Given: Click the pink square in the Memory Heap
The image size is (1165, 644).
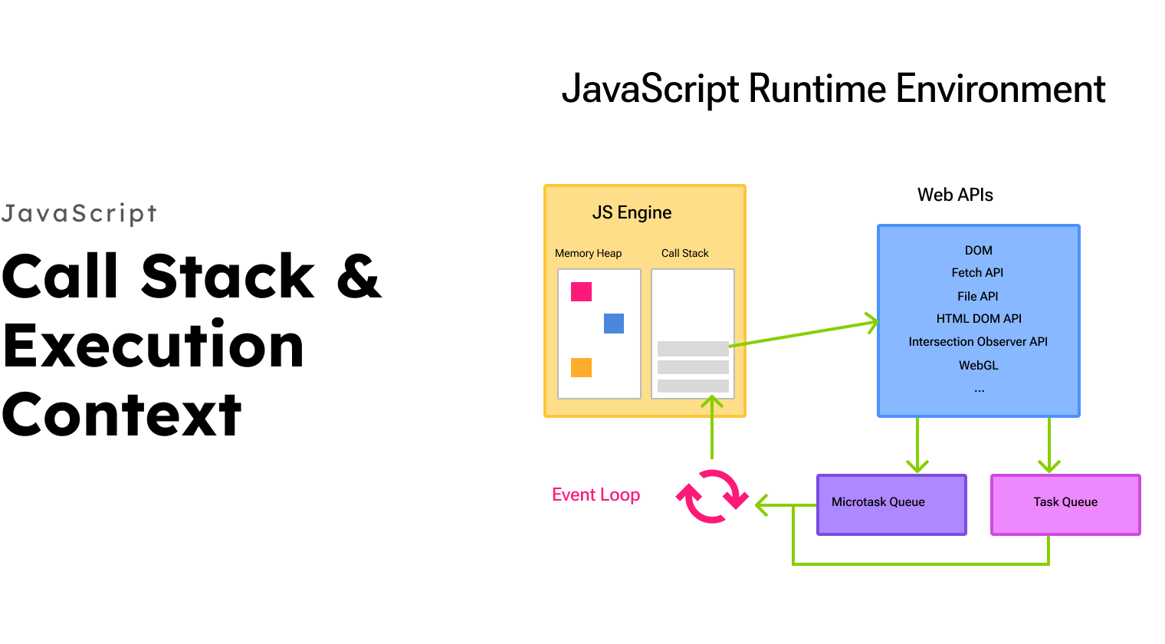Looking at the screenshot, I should [581, 292].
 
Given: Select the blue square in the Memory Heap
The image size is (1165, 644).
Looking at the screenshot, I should [614, 324].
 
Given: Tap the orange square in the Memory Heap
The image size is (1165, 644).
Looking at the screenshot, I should [581, 368].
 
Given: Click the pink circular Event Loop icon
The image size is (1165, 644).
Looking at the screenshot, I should [712, 496].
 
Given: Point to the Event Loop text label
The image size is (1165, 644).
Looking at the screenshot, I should [596, 495].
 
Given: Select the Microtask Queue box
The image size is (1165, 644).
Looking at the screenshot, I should [891, 504].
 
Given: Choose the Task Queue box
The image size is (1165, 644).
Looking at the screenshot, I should [1065, 504].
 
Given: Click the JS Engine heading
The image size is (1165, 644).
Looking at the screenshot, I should [632, 213].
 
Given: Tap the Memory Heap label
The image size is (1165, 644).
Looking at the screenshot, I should [588, 254].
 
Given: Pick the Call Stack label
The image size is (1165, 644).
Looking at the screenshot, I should [684, 254].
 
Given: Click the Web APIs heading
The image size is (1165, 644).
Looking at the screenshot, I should [955, 195].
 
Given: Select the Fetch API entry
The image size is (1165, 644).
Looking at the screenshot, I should [977, 273].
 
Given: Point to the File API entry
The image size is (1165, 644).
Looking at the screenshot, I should [977, 297].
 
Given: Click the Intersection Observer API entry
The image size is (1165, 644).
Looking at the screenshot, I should [978, 342].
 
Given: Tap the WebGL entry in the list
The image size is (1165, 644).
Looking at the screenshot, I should [978, 366].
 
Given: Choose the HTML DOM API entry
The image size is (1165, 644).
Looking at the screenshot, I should [979, 319].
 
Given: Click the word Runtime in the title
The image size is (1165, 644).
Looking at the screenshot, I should [817, 89].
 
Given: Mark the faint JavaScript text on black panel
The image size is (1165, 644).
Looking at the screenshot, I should [80, 213].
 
